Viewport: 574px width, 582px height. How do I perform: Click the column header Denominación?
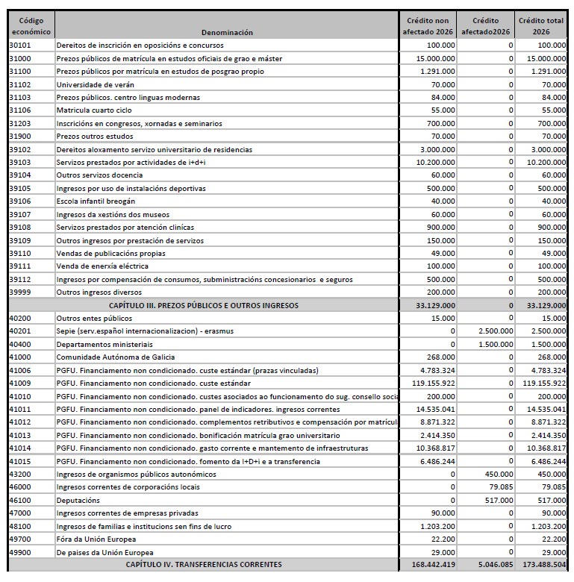click(227, 33)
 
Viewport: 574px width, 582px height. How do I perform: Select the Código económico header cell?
click(31, 27)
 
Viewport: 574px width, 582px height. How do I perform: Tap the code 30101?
click(20, 46)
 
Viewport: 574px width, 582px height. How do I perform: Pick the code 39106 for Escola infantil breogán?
click(20, 201)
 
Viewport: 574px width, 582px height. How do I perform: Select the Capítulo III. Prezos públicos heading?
click(203, 305)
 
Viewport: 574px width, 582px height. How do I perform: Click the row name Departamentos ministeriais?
click(104, 344)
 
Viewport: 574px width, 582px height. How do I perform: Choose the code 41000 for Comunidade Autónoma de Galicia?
click(20, 357)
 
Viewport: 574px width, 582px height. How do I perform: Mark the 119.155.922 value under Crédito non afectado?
click(429, 384)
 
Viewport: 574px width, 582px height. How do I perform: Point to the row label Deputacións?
click(80, 501)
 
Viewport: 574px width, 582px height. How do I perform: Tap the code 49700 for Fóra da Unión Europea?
click(20, 539)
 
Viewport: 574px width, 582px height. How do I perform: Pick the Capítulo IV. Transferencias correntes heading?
click(203, 566)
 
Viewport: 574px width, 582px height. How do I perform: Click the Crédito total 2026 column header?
click(542, 27)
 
